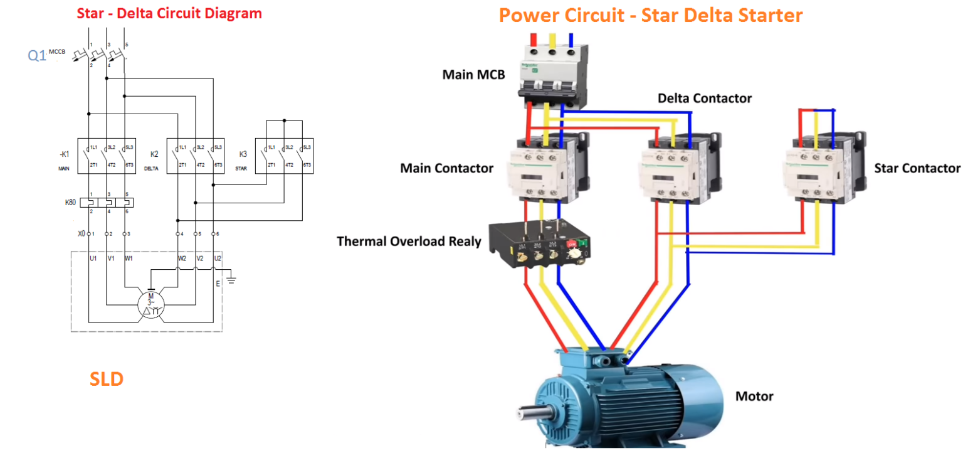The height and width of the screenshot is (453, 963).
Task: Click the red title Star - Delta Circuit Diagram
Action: (x=169, y=13)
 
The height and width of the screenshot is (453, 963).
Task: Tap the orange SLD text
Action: (x=106, y=379)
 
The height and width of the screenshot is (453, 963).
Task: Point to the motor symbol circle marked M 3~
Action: (x=150, y=304)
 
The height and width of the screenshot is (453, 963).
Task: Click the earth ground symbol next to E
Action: (x=233, y=278)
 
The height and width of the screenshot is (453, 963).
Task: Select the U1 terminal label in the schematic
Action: (x=93, y=258)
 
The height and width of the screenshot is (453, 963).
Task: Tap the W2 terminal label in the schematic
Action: (x=182, y=258)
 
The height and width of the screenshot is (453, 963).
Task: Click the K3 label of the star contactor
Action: (x=243, y=154)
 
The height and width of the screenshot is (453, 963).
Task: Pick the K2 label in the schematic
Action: (x=154, y=154)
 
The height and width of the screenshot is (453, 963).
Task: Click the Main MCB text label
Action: (x=473, y=75)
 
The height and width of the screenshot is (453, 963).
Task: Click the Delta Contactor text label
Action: (x=704, y=99)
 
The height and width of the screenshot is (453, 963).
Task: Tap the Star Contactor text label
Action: (x=917, y=168)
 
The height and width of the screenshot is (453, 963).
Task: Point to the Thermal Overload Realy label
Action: (x=409, y=242)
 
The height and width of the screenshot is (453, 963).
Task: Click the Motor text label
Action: (x=754, y=397)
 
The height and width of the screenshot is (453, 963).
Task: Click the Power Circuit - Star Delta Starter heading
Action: (x=650, y=15)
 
